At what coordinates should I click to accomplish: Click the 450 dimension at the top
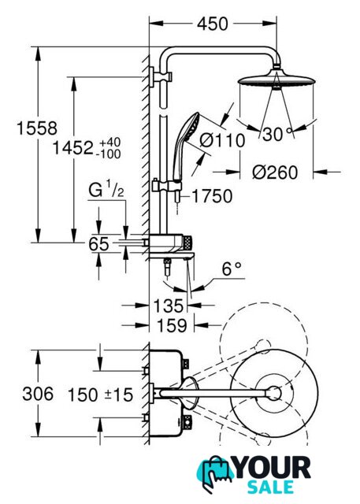coord(213,24)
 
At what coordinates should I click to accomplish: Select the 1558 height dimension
coord(37,128)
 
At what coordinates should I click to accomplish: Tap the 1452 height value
coord(72,148)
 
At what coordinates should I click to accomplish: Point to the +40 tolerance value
coord(110,142)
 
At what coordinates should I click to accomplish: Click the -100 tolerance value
coord(109,154)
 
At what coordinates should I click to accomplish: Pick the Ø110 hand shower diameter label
coord(222,140)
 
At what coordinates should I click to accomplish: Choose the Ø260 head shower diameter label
coord(275,172)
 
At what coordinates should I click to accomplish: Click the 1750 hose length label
coord(212,196)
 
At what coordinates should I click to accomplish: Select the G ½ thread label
coord(106,190)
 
